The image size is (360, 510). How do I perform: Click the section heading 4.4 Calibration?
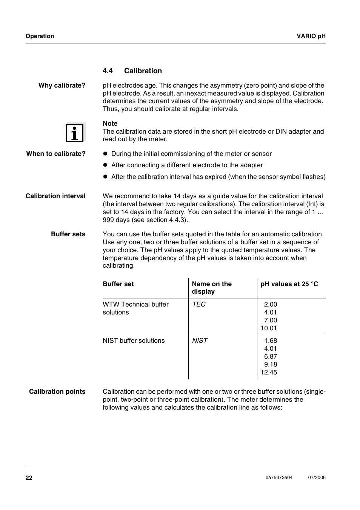(x=132, y=71)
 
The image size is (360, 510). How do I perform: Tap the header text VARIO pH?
(x=311, y=36)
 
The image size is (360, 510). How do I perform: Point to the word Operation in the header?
(x=40, y=36)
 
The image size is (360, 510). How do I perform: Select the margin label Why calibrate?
(x=62, y=86)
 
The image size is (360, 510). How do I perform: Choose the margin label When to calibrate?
(x=56, y=154)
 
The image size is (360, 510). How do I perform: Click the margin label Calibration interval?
(x=55, y=196)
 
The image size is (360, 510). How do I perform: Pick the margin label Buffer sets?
(x=68, y=234)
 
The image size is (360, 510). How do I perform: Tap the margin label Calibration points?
(x=57, y=392)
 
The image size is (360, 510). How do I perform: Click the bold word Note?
(x=110, y=124)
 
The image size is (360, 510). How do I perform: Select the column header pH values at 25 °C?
(x=289, y=284)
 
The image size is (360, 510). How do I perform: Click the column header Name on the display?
(x=211, y=288)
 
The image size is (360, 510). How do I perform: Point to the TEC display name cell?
(x=199, y=305)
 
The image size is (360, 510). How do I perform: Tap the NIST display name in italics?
(x=200, y=341)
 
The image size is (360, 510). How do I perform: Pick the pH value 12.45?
(x=269, y=373)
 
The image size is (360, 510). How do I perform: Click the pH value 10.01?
(x=269, y=328)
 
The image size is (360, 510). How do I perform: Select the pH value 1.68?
(x=271, y=341)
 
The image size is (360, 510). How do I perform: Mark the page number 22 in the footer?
(x=29, y=478)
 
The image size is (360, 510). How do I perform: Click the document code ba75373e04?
(x=279, y=478)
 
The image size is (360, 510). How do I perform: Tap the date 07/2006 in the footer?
(x=317, y=478)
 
